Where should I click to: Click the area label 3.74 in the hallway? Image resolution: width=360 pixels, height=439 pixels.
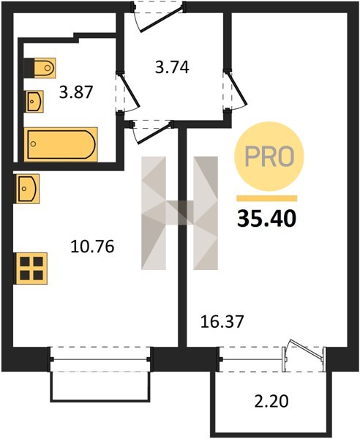click(172, 67)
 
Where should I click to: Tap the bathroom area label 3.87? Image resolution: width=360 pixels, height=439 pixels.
click(75, 92)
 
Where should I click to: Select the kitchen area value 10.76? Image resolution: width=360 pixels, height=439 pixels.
click(92, 247)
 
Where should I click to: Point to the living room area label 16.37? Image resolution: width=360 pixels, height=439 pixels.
click(222, 321)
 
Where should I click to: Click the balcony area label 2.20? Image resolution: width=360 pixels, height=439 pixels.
click(271, 401)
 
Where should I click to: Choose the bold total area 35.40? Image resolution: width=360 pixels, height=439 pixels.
click(266, 219)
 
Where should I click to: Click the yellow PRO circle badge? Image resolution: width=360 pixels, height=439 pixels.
click(269, 157)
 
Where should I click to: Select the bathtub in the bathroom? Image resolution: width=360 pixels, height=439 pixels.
click(61, 144)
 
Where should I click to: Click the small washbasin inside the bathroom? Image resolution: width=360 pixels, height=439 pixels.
click(35, 102)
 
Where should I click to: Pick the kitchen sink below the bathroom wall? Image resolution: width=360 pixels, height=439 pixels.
click(28, 189)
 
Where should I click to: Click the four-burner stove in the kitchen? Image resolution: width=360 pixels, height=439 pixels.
click(31, 269)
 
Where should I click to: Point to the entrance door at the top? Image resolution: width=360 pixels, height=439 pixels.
click(158, 17)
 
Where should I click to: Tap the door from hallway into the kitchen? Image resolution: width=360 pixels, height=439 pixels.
click(151, 131)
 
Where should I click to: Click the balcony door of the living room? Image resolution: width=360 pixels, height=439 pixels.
click(305, 353)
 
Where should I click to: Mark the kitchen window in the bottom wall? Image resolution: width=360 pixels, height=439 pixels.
click(100, 359)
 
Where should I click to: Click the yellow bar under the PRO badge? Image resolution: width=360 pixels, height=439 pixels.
click(267, 198)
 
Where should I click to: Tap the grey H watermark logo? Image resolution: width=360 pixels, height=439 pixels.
click(179, 213)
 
